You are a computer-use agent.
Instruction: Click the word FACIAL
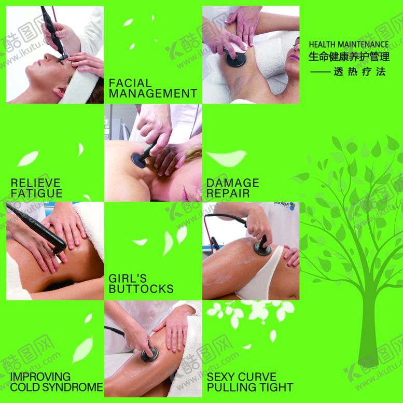point(130,83)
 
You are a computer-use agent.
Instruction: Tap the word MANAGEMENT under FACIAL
point(153,93)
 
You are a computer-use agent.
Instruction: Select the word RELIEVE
point(35,183)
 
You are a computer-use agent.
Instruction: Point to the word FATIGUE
point(36,193)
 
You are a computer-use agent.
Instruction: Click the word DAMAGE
point(232,183)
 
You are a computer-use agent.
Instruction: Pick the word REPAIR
point(228,193)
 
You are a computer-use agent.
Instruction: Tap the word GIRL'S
point(128,279)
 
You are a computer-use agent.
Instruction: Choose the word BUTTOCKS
point(141,289)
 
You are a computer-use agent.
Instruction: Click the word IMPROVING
point(40,377)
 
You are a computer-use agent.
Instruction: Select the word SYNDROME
point(78,387)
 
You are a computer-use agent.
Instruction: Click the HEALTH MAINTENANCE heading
point(349,45)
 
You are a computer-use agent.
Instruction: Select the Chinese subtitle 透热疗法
point(360,72)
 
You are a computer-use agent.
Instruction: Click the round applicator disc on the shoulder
point(138,161)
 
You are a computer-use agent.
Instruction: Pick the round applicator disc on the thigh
point(149,355)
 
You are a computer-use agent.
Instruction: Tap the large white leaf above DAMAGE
point(226,158)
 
